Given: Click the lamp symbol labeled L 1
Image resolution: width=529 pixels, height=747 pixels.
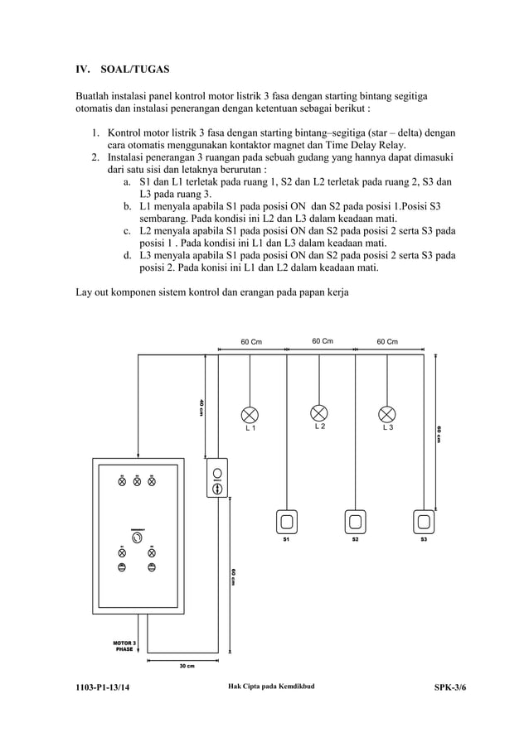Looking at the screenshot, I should point(250,413).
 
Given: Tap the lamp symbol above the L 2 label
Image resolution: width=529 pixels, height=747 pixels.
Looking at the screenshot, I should point(319,412).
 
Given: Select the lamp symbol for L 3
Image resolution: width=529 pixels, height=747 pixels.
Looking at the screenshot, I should point(387,413).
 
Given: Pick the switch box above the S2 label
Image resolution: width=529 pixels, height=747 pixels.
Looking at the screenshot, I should point(356,522).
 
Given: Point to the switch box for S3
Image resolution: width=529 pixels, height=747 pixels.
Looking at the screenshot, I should point(424,522).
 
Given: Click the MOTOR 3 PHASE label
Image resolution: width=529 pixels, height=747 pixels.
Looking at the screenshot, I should point(125,646).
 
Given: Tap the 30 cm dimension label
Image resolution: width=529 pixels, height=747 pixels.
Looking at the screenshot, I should point(187,666).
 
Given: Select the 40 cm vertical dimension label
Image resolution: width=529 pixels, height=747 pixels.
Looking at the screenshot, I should point(201,407).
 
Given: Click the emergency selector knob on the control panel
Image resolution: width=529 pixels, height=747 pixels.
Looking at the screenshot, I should point(137,537).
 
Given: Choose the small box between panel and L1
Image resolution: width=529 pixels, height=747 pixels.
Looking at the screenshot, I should point(217,478).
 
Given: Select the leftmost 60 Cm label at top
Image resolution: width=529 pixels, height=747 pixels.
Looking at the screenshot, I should point(251,341).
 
